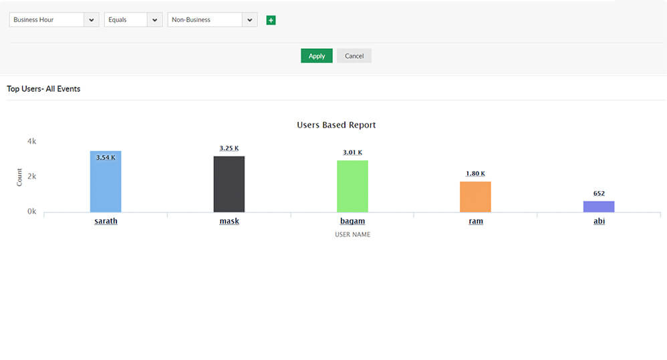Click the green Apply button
(316, 56)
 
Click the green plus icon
(271, 20)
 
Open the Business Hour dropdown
(54, 20)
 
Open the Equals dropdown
(133, 20)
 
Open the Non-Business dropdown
(212, 20)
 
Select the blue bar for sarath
(106, 184)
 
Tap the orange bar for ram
(475, 197)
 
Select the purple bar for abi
(599, 206)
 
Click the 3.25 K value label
(229, 148)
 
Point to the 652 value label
(599, 194)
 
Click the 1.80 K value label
(475, 174)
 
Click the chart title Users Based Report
(336, 125)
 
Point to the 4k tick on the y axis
(31, 142)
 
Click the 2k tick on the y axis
(31, 176)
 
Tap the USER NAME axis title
(352, 234)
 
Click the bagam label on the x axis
(352, 221)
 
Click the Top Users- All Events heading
(43, 89)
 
